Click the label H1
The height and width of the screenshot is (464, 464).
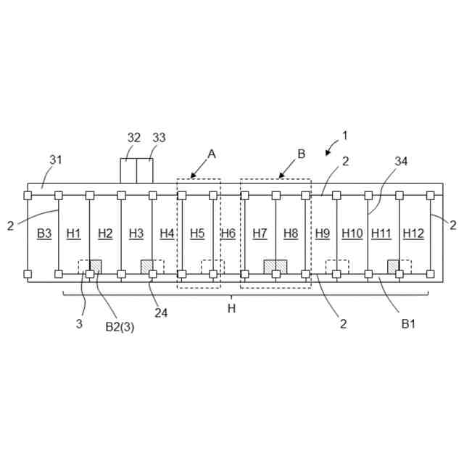(73, 233)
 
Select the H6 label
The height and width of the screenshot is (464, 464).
(228, 233)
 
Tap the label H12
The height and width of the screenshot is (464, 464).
(413, 233)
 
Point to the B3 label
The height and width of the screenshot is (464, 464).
(43, 233)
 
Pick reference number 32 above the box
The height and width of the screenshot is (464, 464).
(134, 138)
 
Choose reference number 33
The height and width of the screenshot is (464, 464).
(159, 138)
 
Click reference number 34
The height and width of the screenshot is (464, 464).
(401, 161)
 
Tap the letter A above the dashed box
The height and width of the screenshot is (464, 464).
(212, 154)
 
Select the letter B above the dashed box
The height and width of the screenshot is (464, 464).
(302, 154)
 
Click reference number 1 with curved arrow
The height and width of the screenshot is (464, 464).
(345, 135)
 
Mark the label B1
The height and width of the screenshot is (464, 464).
(409, 324)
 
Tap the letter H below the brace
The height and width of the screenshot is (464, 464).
(231, 308)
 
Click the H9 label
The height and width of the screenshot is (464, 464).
(323, 233)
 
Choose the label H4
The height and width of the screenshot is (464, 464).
(167, 233)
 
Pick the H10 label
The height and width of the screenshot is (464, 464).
(352, 233)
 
